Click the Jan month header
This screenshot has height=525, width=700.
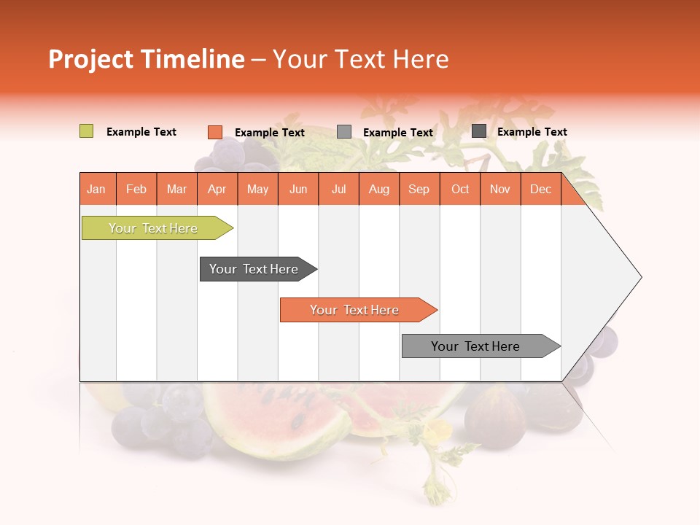pos(97,189)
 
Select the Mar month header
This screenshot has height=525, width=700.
pos(176,189)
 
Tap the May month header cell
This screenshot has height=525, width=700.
pos(257,189)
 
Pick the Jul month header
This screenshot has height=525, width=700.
pos(338,189)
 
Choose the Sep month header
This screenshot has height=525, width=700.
pos(419,189)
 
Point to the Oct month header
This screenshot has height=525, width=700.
pos(459,189)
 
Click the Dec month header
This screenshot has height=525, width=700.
pos(540,189)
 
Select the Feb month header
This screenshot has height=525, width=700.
pos(136,189)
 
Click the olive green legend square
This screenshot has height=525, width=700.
pos(86,131)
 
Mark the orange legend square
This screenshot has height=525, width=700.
pos(215,132)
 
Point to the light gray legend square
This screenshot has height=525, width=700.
pos(344,132)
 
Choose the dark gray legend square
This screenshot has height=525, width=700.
pos(478,131)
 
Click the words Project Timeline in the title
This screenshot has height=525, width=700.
pos(146,59)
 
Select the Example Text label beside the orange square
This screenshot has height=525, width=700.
pos(269,133)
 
